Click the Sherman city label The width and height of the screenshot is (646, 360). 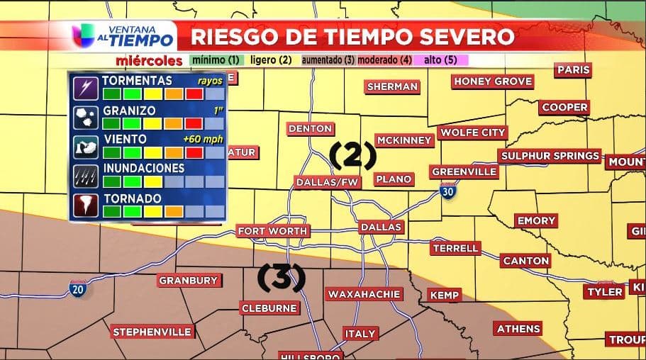click(392, 86)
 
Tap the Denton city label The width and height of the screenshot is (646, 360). click(310, 128)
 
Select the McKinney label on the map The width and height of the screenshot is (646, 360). click(403, 140)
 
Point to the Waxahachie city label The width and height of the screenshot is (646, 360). click(364, 293)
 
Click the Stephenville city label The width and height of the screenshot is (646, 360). click(152, 332)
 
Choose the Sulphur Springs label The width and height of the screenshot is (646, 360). click(550, 156)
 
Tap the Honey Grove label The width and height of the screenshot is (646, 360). click(493, 81)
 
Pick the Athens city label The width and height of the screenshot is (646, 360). click(518, 329)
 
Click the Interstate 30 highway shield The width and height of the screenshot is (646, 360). click(447, 190)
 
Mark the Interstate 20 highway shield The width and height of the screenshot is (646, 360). click(77, 288)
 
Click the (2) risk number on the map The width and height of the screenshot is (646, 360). click(352, 154)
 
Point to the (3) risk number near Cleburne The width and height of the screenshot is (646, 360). click(280, 278)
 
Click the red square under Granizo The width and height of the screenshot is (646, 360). click(194, 123)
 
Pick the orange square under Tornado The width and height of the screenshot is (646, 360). click(174, 211)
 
